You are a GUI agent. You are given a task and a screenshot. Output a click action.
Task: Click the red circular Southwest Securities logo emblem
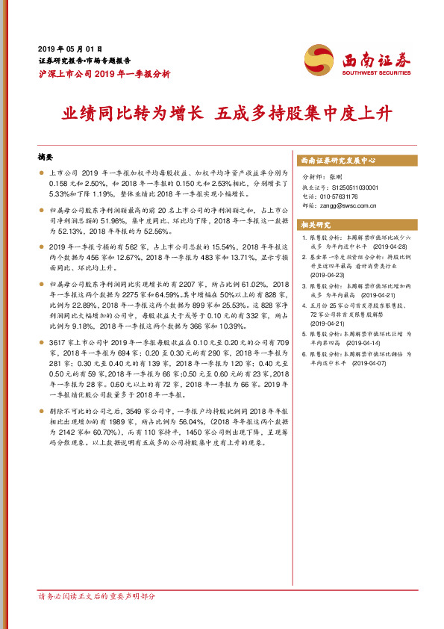[318, 58]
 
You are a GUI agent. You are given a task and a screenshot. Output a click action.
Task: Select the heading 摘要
[46, 158]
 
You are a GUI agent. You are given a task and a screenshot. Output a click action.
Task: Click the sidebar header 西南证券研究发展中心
[337, 161]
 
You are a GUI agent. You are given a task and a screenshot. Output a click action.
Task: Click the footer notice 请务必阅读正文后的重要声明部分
[97, 595]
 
